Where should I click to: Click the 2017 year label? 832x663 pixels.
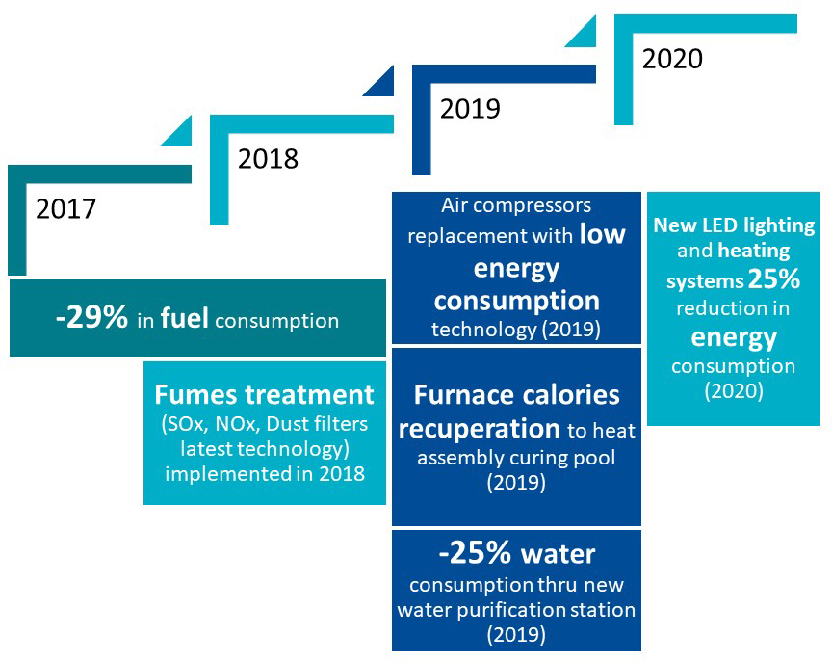click(66, 208)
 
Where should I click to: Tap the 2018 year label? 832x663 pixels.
click(269, 158)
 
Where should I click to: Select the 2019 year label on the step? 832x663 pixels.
click(470, 108)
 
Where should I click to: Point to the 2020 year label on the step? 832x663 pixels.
click(672, 59)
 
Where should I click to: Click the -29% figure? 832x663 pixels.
click(91, 319)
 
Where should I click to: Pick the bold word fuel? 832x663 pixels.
click(186, 319)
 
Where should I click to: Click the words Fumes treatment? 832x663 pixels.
click(264, 395)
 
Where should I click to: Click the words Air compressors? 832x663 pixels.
click(516, 206)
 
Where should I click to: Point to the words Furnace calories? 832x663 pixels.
click(516, 395)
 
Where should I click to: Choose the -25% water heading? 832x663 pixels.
click(516, 554)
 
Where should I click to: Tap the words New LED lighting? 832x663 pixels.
click(734, 226)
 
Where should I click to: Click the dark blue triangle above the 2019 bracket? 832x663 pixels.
click(382, 83)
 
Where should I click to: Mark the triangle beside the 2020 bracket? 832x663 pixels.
click(585, 34)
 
